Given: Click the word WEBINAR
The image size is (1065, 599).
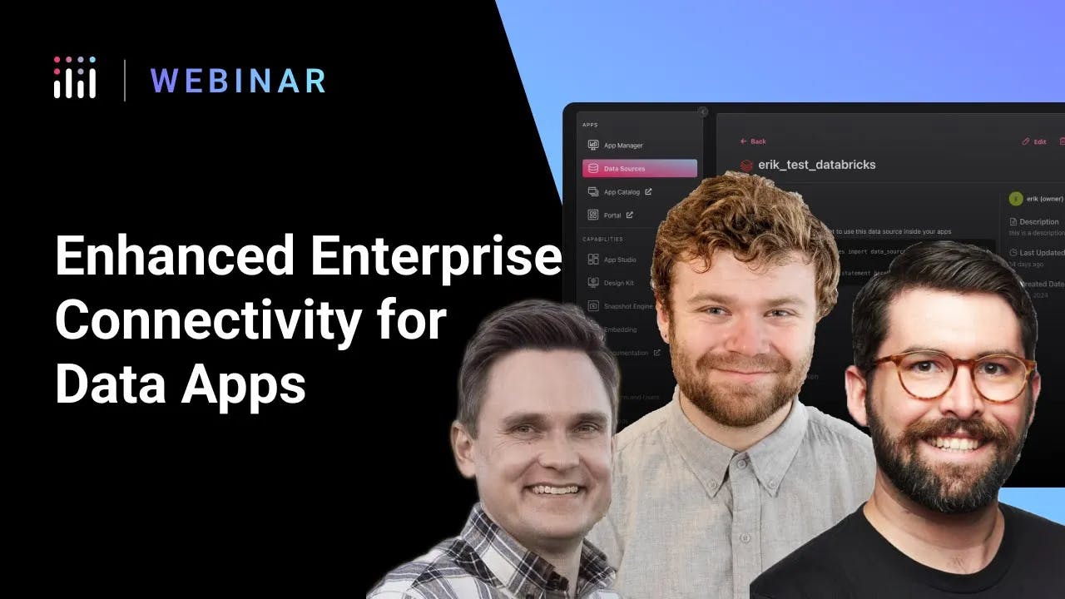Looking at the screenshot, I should click(238, 81).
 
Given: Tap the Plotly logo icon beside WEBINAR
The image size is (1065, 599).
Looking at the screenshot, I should click(75, 78).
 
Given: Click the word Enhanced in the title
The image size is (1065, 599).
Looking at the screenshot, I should click(173, 257).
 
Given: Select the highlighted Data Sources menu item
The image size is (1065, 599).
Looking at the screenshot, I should click(639, 168).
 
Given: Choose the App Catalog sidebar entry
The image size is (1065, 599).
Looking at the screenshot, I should click(622, 191).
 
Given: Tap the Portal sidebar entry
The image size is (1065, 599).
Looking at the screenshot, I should click(612, 215).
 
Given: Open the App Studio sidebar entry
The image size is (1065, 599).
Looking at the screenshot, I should click(620, 260).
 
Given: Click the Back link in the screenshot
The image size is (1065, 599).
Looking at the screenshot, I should click(754, 141).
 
